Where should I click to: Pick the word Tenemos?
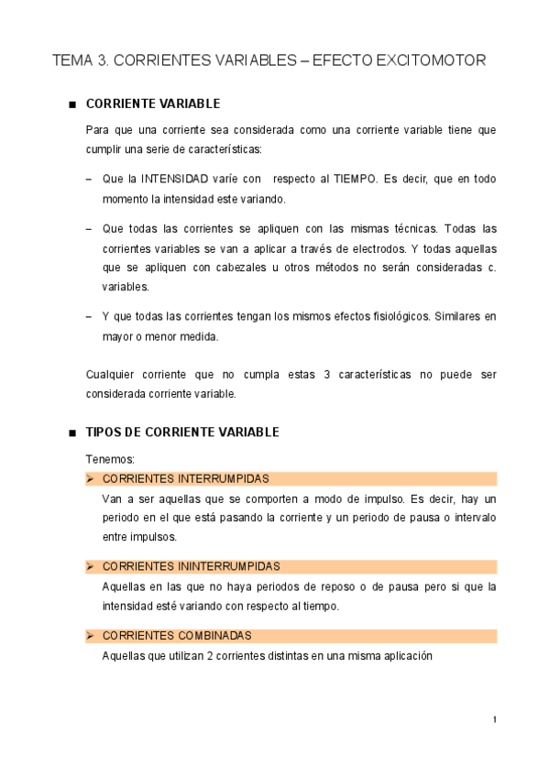point(109,459)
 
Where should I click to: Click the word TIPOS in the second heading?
point(104,432)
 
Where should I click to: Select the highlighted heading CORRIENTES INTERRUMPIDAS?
point(186,479)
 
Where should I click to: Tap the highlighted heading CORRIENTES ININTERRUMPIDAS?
point(192,567)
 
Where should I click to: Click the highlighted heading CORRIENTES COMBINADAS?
point(177,636)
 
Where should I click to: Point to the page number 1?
point(494,720)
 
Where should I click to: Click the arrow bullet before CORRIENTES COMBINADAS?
point(90,636)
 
